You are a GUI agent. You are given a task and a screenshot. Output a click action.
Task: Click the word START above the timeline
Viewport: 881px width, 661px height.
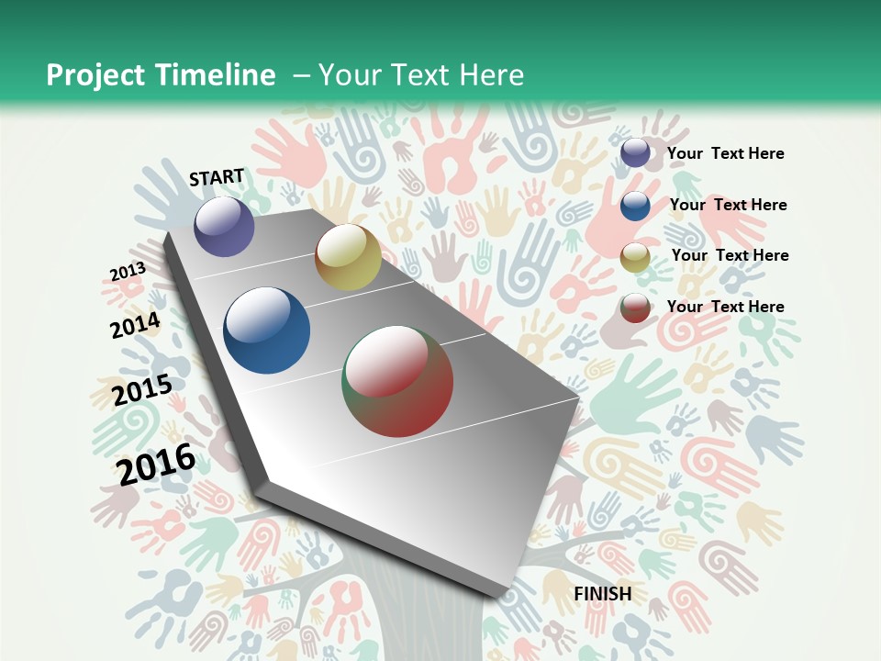pyautogui.click(x=217, y=177)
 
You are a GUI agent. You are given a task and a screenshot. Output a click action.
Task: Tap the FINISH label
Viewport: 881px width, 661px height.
pyautogui.click(x=602, y=593)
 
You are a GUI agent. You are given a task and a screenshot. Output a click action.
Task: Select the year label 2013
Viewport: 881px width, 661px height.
pyautogui.click(x=128, y=272)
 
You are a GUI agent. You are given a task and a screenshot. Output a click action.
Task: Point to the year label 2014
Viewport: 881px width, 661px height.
pyautogui.click(x=136, y=326)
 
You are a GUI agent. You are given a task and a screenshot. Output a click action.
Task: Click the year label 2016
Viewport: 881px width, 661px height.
pyautogui.click(x=156, y=465)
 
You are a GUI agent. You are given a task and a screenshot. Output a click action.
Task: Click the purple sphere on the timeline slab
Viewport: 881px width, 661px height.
pyautogui.click(x=224, y=226)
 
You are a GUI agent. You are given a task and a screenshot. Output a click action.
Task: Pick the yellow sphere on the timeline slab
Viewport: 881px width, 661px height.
pyautogui.click(x=348, y=257)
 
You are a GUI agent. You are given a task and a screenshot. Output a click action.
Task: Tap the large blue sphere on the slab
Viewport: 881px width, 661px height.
pyautogui.click(x=266, y=330)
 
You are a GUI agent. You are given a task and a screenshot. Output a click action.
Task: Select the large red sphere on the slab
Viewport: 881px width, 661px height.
pyautogui.click(x=397, y=381)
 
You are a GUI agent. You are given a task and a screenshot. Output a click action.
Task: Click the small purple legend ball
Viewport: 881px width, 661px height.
pyautogui.click(x=635, y=153)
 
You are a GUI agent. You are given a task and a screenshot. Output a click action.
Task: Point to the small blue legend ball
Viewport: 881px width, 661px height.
pyautogui.click(x=635, y=206)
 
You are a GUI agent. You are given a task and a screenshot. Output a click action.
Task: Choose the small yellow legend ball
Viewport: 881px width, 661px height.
pyautogui.click(x=635, y=257)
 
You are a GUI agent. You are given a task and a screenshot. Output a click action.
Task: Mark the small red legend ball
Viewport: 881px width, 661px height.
pyautogui.click(x=635, y=308)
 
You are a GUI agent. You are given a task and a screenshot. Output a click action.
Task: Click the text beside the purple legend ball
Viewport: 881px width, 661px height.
pyautogui.click(x=725, y=153)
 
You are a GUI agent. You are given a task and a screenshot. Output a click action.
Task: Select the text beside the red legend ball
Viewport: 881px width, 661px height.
pyautogui.click(x=725, y=307)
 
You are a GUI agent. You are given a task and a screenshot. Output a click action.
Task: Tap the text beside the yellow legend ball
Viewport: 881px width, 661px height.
pyautogui.click(x=730, y=255)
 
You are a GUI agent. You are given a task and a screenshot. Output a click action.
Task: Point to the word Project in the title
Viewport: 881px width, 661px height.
pyautogui.click(x=95, y=75)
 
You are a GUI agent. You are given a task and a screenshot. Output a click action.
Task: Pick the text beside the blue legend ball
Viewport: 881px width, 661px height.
pyautogui.click(x=728, y=205)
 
